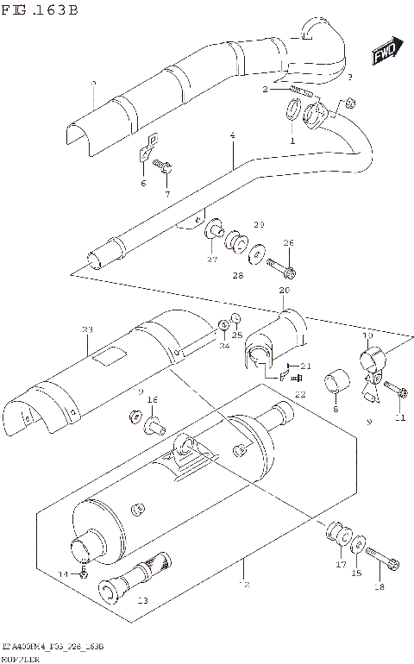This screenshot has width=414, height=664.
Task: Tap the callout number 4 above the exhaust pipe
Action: pos(232,136)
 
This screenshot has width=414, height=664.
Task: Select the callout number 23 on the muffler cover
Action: pos(86,329)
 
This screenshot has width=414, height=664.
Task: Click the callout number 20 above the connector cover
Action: pos(284,291)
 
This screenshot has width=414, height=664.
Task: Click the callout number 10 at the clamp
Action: pos(367,334)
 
